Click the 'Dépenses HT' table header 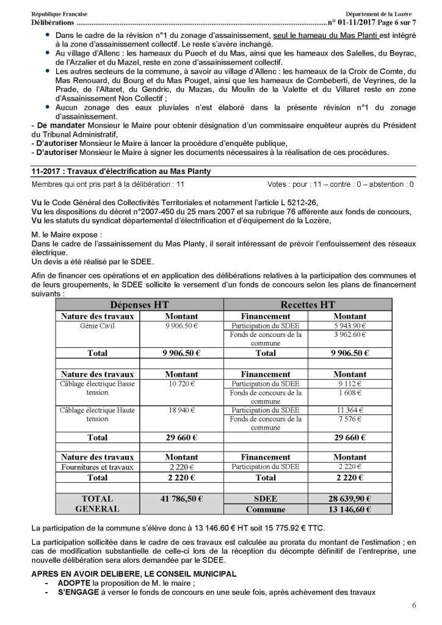tap(140, 305)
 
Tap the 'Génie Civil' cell tap(98, 326)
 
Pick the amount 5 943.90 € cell tap(350, 326)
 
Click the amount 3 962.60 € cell tap(350, 334)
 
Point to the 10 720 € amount tap(181, 384)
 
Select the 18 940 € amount tap(181, 410)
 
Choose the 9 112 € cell tap(350, 384)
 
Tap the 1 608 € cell tap(350, 393)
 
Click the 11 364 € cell tap(350, 410)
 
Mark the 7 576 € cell tap(350, 419)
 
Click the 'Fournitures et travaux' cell tap(98, 468)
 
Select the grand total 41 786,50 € tap(181, 499)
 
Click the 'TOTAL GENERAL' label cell tap(98, 504)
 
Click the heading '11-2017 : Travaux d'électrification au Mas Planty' tap(121, 172)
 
